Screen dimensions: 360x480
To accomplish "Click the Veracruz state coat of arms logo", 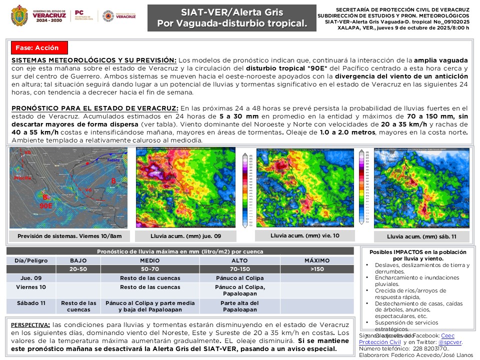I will [19, 15].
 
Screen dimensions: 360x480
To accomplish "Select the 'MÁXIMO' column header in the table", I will [317, 260].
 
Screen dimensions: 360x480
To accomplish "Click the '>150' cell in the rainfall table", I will [317, 269].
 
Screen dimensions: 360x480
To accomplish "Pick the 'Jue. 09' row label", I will [31, 278].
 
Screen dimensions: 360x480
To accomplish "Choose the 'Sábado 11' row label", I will [31, 303].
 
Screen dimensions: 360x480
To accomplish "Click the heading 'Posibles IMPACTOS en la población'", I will [418, 252].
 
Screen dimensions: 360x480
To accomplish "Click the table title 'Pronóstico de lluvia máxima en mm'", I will [180, 251].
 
